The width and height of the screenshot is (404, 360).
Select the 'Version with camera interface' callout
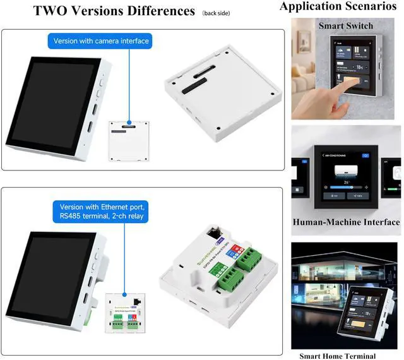[101, 41]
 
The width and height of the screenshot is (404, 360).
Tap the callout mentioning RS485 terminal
[103, 212]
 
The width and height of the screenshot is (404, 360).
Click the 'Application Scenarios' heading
[342, 7]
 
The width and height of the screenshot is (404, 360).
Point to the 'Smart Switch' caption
[345, 26]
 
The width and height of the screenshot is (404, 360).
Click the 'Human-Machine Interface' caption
[346, 222]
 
